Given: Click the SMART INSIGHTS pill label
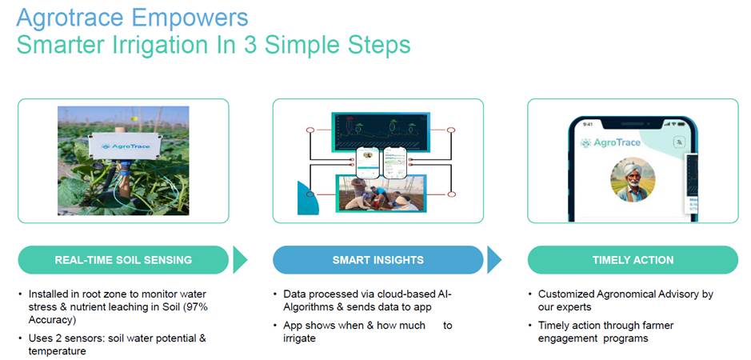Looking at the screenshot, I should point(378,260).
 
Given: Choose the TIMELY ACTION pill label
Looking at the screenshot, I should point(633,260).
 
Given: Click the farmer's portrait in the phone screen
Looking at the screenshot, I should point(633,179).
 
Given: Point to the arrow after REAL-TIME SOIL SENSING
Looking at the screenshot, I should point(240,260).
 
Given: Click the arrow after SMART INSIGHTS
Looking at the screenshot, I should point(494,260).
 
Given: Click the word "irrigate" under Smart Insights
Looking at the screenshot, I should point(300,338).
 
